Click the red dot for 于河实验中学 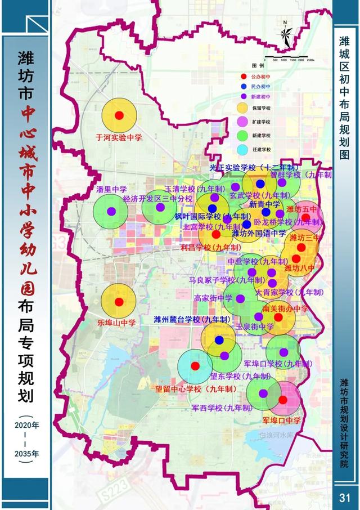pos(119,115)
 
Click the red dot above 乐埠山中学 pos(119,302)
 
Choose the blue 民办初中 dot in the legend pos(243,87)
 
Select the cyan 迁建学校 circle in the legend pos(243,150)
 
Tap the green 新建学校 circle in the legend pos(243,136)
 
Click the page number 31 pos(345,496)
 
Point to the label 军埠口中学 pos(282,420)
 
